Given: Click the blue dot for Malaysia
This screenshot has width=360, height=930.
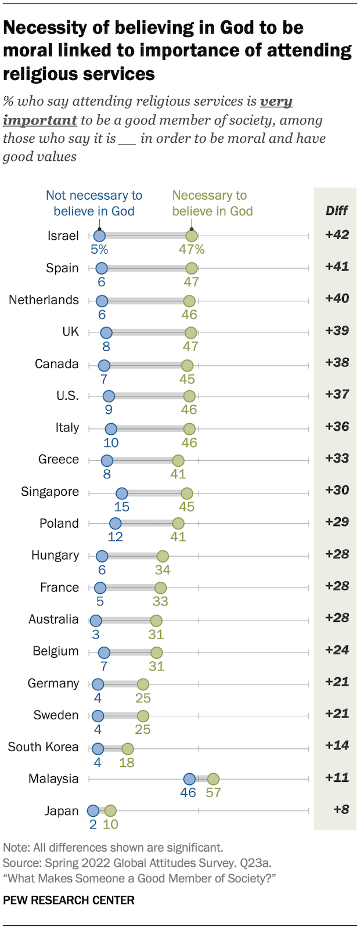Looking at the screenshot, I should (x=189, y=779).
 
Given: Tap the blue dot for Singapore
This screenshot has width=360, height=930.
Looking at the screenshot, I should (x=121, y=493).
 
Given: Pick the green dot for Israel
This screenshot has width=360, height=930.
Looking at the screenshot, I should (x=192, y=236).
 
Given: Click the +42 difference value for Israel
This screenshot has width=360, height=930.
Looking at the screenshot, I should (x=337, y=235).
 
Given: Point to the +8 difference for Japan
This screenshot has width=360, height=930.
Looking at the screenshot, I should (x=341, y=809).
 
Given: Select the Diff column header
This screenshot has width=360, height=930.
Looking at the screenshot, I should (x=336, y=210).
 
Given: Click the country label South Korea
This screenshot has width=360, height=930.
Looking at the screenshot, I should (x=43, y=747).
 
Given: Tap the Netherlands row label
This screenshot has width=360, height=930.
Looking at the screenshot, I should (x=44, y=300).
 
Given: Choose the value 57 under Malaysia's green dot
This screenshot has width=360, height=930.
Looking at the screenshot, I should (x=213, y=792).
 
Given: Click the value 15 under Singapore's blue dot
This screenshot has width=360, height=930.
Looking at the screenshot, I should (x=121, y=507).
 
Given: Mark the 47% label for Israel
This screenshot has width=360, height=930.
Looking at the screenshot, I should (x=192, y=250).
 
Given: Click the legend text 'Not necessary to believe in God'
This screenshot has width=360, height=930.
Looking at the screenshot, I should (x=94, y=203).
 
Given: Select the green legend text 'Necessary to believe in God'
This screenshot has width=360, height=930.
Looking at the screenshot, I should (x=212, y=203).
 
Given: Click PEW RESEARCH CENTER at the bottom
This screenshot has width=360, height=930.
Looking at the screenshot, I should (x=69, y=900).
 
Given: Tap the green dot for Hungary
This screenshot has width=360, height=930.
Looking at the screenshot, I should (x=163, y=556).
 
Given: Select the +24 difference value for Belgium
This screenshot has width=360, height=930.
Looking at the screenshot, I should (x=337, y=650).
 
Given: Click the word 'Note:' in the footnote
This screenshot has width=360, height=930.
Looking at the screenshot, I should (x=16, y=847).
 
